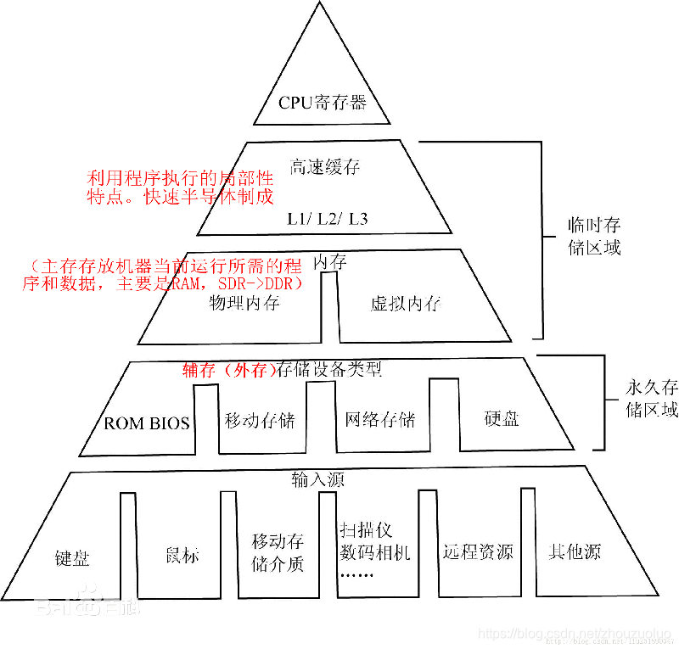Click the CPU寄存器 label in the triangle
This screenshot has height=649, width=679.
[x=323, y=104]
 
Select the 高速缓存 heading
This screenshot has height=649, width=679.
[x=325, y=167]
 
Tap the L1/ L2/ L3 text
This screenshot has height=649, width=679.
[x=327, y=219]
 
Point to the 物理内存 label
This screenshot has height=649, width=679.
[x=244, y=303]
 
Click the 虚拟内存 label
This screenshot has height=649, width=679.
[x=406, y=304]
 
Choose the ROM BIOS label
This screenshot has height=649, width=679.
[x=147, y=422]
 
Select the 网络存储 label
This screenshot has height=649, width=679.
[x=379, y=419]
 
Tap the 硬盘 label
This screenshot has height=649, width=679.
[x=501, y=418]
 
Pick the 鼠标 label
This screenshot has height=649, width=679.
[x=182, y=556]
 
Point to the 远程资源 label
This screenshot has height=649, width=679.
[x=478, y=551]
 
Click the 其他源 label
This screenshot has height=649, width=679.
[x=574, y=551]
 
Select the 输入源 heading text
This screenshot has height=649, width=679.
[x=317, y=479]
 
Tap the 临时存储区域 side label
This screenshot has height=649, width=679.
[x=594, y=236]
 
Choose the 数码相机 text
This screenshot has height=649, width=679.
[x=374, y=553]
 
